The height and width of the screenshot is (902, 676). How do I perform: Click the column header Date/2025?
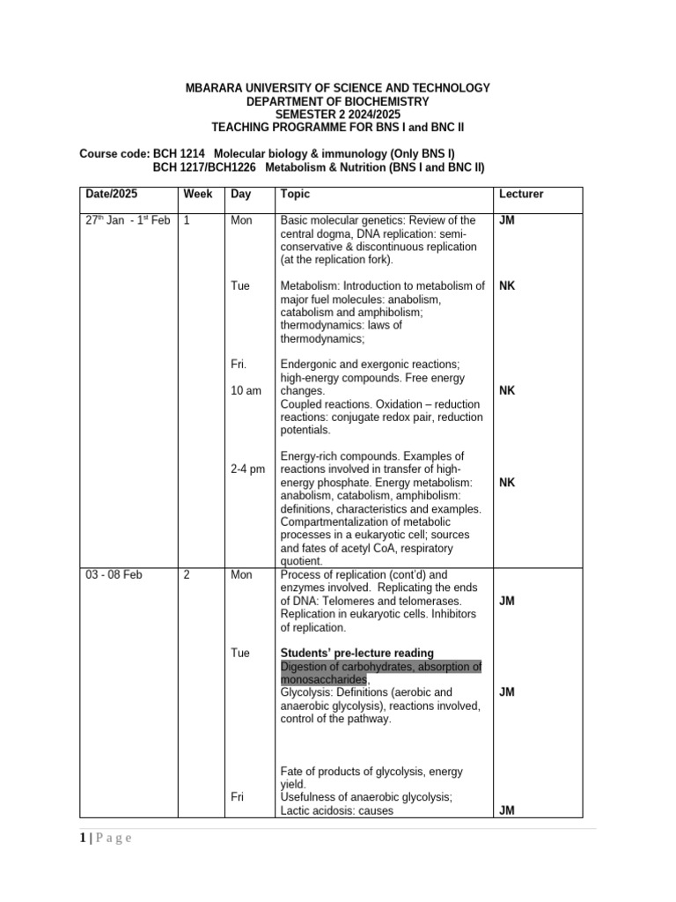click(x=111, y=194)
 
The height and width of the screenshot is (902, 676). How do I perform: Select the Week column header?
click(x=195, y=194)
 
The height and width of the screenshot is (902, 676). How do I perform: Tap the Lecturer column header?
click(x=521, y=194)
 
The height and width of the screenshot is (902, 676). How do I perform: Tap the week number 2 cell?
click(x=187, y=574)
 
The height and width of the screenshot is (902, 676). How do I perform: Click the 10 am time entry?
click(x=246, y=390)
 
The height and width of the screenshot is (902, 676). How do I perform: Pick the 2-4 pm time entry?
click(x=247, y=469)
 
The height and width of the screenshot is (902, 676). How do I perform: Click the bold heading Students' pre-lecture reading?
click(x=356, y=653)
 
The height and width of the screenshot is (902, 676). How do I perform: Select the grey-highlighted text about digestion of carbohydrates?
click(x=380, y=673)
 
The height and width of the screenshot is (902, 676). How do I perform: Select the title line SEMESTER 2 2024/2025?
click(x=337, y=115)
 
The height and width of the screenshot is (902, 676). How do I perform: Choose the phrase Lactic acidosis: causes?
click(x=336, y=811)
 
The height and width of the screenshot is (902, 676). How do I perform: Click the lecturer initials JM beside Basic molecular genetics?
click(x=506, y=220)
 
